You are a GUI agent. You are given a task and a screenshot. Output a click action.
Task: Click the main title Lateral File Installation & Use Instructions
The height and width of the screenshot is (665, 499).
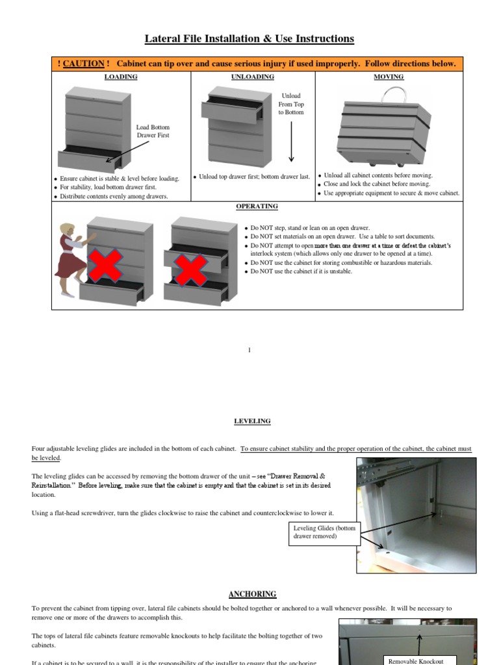(249, 39)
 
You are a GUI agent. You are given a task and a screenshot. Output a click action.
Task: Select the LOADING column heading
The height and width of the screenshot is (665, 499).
(121, 77)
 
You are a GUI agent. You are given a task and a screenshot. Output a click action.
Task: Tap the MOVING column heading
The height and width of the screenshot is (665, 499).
(389, 77)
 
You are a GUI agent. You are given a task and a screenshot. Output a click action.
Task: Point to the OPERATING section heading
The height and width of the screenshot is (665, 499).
(257, 207)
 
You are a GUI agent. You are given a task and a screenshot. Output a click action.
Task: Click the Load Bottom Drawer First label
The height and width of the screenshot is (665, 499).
(153, 131)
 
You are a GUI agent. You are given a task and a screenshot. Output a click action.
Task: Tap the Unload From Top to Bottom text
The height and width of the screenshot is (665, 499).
(291, 104)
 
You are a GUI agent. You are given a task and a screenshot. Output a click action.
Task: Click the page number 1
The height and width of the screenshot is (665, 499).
(249, 350)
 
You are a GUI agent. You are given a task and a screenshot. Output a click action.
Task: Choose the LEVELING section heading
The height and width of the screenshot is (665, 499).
(252, 421)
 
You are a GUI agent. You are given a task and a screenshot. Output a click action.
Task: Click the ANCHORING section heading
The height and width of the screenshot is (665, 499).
(252, 594)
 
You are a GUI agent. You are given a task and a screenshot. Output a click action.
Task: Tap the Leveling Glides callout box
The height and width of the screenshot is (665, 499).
(324, 532)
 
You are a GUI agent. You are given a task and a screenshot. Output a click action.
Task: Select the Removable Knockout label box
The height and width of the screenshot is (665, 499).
(415, 660)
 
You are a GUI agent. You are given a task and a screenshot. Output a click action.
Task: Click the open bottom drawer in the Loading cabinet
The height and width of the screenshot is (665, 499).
(88, 159)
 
